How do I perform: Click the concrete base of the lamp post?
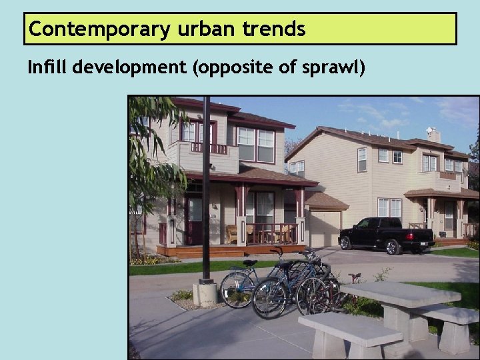click(205, 291)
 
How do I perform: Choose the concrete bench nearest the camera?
click(349, 331)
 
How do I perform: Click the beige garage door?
click(324, 229)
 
